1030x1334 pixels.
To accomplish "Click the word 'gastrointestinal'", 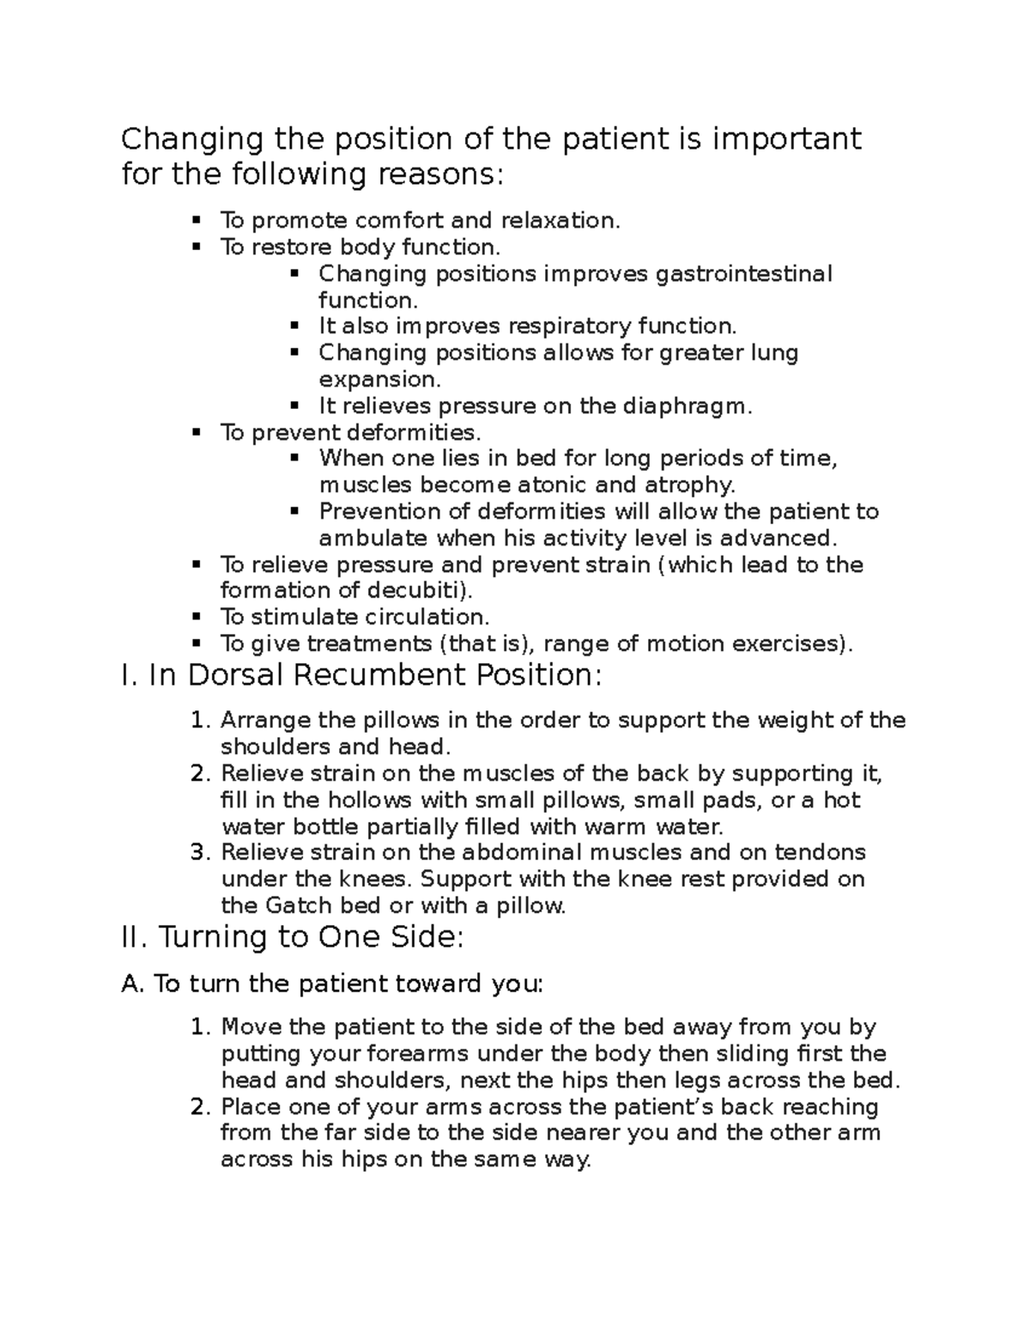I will point(744,274).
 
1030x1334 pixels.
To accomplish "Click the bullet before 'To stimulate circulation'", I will point(197,616).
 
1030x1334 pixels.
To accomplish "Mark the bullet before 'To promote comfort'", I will point(197,220).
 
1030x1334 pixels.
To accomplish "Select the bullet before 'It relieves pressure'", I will point(295,405).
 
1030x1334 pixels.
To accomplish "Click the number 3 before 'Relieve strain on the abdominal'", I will point(199,853).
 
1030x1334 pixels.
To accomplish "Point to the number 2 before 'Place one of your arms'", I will point(199,1106).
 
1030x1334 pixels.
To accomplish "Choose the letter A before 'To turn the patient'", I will point(132,984).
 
